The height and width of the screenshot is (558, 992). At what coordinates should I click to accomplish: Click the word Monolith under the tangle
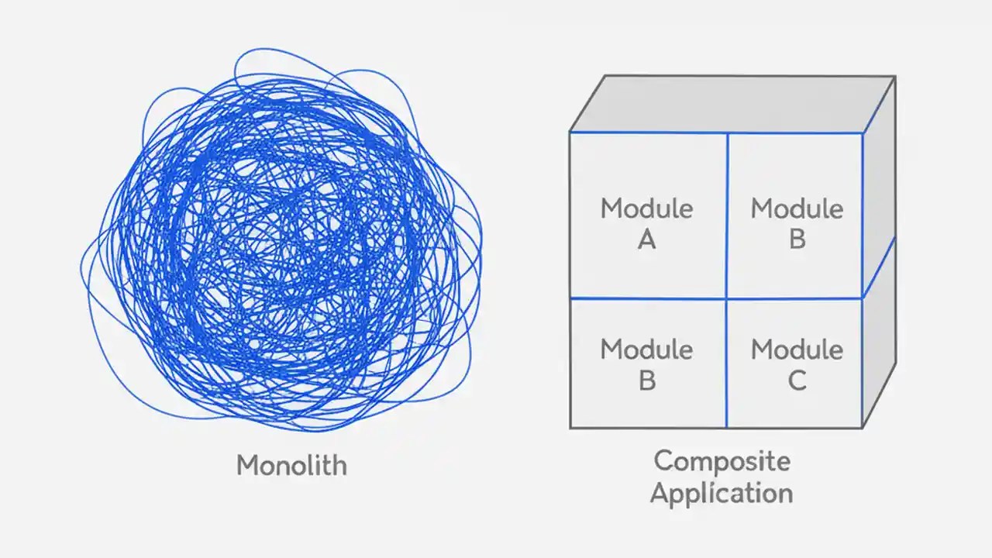(x=291, y=465)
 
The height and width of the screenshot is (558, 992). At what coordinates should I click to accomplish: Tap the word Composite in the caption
(x=722, y=462)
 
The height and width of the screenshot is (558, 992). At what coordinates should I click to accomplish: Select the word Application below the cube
(x=722, y=494)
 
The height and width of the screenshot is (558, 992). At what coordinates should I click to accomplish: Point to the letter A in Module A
(x=646, y=240)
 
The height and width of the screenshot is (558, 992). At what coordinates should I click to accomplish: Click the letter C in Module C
(x=797, y=381)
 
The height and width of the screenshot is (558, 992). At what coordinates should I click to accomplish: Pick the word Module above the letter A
(x=646, y=208)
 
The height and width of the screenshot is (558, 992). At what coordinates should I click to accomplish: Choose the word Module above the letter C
(x=797, y=350)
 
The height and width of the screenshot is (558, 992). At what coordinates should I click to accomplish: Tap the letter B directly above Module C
(x=797, y=240)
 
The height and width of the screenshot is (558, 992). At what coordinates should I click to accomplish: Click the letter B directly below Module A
(x=646, y=381)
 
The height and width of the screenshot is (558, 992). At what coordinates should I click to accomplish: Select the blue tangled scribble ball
(x=283, y=240)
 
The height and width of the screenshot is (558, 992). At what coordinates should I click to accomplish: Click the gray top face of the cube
(x=732, y=104)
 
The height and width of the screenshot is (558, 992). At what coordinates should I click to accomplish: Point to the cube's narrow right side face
(x=879, y=256)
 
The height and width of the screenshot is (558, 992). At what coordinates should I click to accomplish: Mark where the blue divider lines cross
(x=727, y=298)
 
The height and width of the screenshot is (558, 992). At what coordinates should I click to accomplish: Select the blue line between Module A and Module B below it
(x=648, y=298)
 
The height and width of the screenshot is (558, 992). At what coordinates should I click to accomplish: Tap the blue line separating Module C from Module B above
(x=795, y=298)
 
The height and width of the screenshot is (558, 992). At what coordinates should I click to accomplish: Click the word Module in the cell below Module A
(x=646, y=350)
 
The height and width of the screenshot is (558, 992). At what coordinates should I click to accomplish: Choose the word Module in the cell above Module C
(x=797, y=208)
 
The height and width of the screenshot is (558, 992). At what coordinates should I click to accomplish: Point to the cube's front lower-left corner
(x=570, y=428)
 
